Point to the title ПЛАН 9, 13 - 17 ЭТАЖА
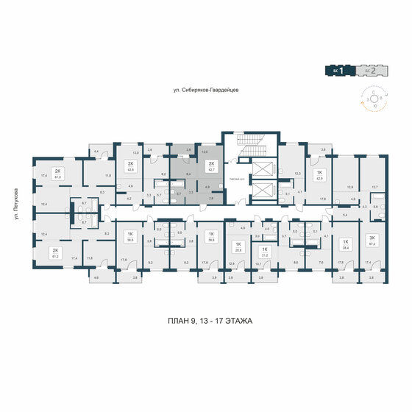[206, 320]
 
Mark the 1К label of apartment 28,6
[237, 244]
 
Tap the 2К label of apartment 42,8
[131, 164]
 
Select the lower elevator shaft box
[261, 191]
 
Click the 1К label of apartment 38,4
[343, 241]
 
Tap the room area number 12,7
[374, 187]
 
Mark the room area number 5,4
[347, 214]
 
